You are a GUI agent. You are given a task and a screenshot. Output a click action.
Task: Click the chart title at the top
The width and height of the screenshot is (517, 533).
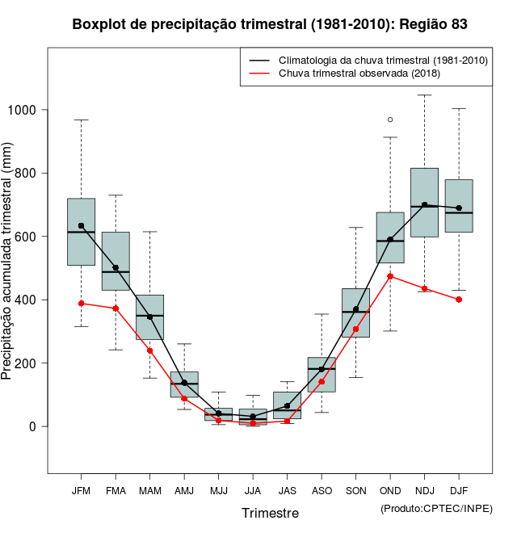pos(270,24)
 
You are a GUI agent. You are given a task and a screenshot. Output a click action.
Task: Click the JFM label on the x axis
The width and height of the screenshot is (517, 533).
pos(81,491)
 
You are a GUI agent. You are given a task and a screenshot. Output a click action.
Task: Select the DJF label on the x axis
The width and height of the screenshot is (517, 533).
pos(459,491)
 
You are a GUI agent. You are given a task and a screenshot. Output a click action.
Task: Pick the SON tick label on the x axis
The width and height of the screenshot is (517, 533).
pos(355,491)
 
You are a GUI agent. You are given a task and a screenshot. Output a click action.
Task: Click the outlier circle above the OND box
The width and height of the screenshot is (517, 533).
pos(390,120)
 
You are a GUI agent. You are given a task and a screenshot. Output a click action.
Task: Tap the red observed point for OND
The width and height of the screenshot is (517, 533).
pos(390,276)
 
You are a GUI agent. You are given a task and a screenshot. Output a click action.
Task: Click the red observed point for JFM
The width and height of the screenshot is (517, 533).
pos(81,304)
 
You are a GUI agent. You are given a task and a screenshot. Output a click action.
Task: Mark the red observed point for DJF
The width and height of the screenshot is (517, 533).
pos(459,300)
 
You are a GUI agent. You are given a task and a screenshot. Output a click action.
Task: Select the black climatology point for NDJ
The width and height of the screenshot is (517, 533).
pos(424,205)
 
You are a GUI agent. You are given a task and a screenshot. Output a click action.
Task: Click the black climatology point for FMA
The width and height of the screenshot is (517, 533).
pos(116,268)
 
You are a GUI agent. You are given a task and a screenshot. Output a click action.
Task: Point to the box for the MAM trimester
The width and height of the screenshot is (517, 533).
pos(149,317)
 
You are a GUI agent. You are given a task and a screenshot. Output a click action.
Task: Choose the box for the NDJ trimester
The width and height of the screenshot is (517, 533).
pos(424,202)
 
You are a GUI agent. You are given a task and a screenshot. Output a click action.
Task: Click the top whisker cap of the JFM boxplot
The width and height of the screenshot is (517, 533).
pos(81,120)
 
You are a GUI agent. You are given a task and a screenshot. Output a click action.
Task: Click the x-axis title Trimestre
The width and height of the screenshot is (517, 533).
pos(270,513)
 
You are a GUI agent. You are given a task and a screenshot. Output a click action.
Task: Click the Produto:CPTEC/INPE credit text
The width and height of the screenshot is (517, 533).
pos(436,508)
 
